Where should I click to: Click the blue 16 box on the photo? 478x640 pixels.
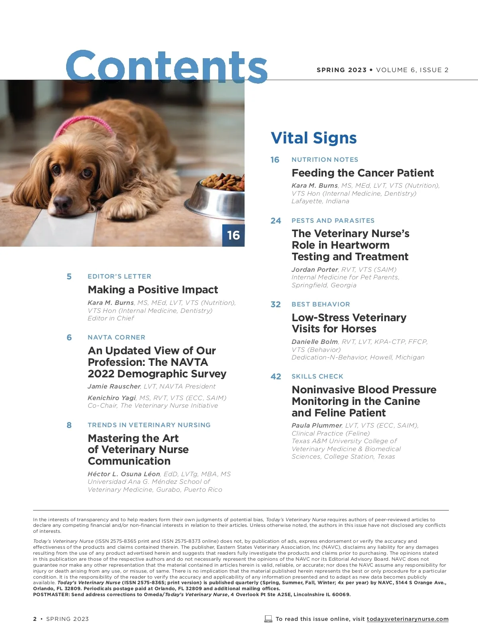pyautogui.click(x=233, y=235)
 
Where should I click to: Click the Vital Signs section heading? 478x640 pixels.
pyautogui.click(x=313, y=138)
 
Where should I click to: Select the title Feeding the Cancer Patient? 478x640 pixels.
pyautogui.click(x=362, y=173)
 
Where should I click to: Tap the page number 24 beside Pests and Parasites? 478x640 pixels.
pyautogui.click(x=276, y=221)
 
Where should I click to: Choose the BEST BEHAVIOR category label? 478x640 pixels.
pyautogui.click(x=321, y=304)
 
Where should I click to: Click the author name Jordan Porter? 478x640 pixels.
pyautogui.click(x=315, y=269)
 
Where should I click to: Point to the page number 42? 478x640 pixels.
pyautogui.click(x=276, y=377)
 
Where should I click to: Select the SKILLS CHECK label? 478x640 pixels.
pyautogui.click(x=317, y=376)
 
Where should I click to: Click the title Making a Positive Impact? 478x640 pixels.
pyautogui.click(x=153, y=290)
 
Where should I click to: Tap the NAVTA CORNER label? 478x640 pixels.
pyautogui.click(x=116, y=337)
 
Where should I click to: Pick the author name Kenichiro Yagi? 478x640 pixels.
pyautogui.click(x=112, y=398)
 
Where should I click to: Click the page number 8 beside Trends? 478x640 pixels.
pyautogui.click(x=69, y=425)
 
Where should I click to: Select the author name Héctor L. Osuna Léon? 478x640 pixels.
pyautogui.click(x=124, y=474)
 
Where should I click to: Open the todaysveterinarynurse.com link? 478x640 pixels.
pyautogui.click(x=407, y=619)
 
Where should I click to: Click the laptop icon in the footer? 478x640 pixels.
pyautogui.click(x=268, y=619)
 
